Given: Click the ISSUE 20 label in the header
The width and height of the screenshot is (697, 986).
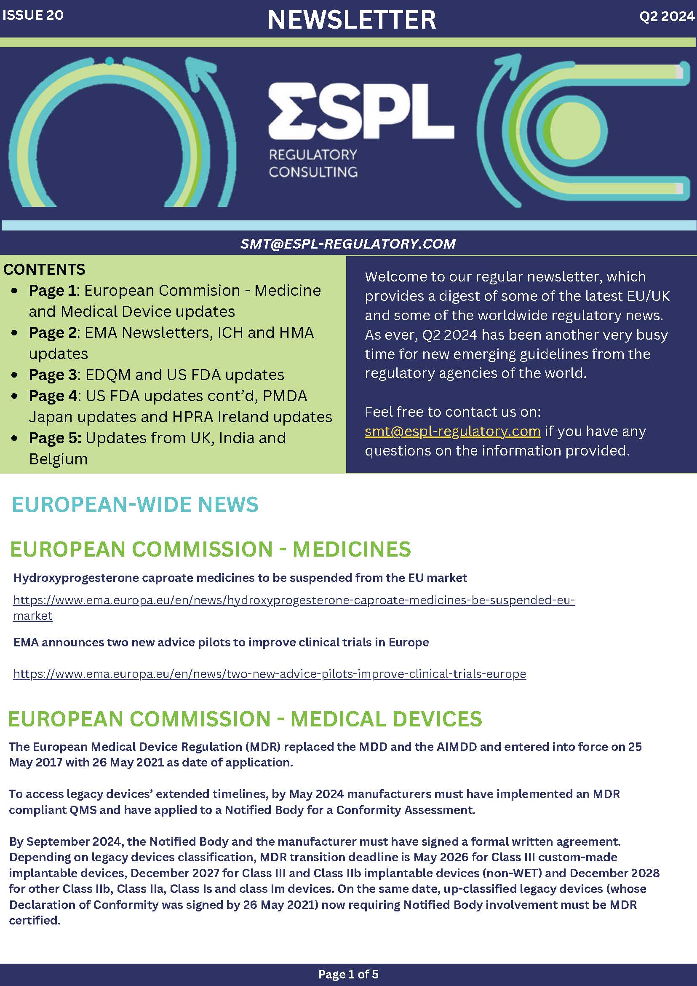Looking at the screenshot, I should [x=33, y=16].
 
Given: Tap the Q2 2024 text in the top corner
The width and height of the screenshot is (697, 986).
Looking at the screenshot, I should [x=667, y=16].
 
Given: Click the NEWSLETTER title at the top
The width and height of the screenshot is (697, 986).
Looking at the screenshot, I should [x=352, y=20].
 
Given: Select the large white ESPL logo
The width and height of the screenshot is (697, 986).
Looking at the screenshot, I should [x=361, y=111].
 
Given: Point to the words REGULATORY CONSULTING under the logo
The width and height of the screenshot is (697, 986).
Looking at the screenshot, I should [x=313, y=163].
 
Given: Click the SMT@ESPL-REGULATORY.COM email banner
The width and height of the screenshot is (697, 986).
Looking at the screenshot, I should [x=347, y=244].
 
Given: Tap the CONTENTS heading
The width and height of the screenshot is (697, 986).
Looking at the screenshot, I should [x=44, y=270].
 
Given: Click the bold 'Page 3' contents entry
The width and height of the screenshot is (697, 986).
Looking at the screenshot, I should [x=52, y=375].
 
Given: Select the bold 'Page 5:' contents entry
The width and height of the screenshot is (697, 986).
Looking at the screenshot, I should [x=55, y=438].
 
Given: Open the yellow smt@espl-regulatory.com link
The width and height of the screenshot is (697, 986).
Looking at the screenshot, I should [x=452, y=431].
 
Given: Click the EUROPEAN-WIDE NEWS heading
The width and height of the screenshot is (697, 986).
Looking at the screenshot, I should [x=135, y=505].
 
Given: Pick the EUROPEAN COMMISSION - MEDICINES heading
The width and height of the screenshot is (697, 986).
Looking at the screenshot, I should [x=210, y=549].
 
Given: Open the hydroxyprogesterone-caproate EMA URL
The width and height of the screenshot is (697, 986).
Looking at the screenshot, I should [x=294, y=600].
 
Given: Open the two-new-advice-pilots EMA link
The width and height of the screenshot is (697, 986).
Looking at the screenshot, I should [x=270, y=674].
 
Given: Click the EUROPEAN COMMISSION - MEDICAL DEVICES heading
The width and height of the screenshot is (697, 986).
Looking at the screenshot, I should [x=245, y=719].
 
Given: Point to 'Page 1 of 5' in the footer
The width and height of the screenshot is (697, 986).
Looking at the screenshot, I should [x=348, y=974].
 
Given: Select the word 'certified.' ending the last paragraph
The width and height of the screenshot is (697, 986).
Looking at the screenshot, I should [x=35, y=920].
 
